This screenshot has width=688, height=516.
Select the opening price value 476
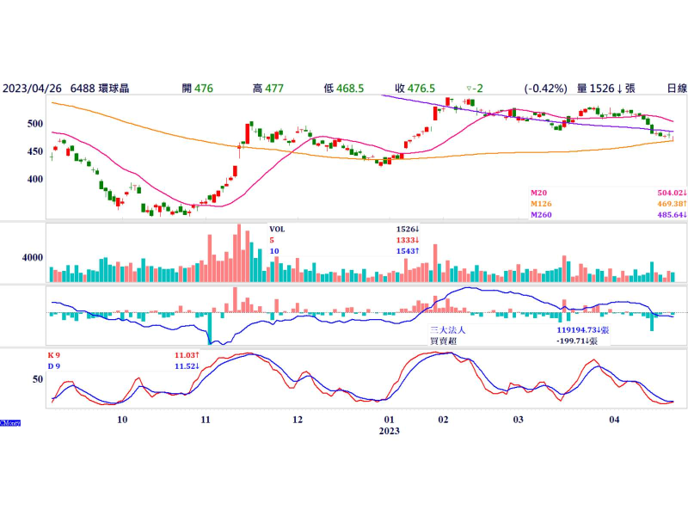(204, 88)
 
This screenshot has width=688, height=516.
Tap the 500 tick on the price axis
(34, 124)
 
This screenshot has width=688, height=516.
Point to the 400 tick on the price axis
(34, 180)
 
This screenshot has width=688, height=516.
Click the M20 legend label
(538, 193)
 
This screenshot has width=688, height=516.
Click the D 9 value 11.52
(186, 365)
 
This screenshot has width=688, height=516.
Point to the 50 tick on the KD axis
(38, 378)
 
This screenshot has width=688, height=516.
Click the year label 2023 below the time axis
(389, 431)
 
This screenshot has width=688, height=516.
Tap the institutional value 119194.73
(580, 329)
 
